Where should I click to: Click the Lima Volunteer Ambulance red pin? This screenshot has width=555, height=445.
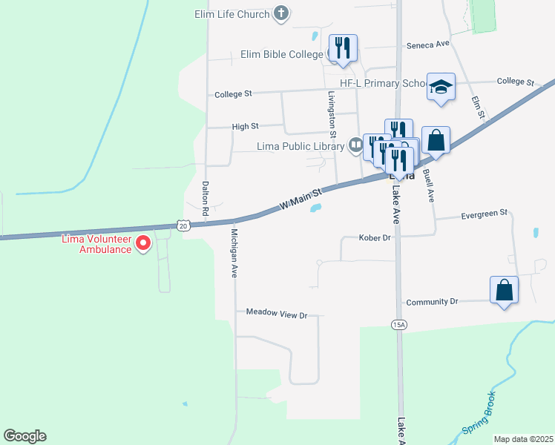pos(142,243)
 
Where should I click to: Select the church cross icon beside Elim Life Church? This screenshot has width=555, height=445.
pos(281,13)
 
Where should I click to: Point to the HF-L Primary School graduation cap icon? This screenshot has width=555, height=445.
pos(441,86)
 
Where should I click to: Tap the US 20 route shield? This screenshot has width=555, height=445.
pos(183,224)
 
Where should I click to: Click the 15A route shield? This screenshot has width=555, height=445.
pos(398,324)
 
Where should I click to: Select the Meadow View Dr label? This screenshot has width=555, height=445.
pos(277,315)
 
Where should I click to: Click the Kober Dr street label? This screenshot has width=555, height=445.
pos(374,238)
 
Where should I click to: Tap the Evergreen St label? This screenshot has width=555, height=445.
pos(483,213)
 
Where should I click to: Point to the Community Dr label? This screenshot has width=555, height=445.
pos(433,302)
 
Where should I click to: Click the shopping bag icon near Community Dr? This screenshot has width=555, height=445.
pos(504,290)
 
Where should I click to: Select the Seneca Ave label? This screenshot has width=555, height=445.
pos(428,44)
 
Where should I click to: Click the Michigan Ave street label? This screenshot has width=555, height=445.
pos(234,252)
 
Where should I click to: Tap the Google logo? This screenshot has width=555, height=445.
pos(24,436)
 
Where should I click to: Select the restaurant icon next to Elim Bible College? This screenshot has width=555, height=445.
pos(342,47)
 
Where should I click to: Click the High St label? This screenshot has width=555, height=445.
pos(245,127)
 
